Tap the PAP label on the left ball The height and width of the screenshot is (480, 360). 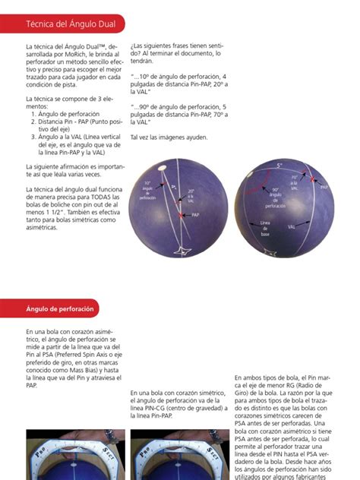[x=195, y=215]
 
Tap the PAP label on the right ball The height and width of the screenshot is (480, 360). [x=324, y=186]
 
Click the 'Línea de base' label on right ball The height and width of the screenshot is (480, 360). [x=265, y=227]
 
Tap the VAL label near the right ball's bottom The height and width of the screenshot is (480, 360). [x=292, y=226]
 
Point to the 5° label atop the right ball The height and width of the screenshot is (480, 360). [x=279, y=165]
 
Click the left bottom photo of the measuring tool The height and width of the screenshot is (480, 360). [x=65, y=455]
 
